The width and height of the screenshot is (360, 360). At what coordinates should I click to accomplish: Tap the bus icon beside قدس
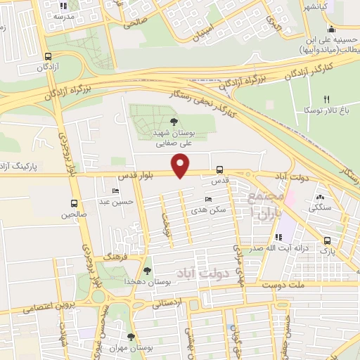tap(220, 169)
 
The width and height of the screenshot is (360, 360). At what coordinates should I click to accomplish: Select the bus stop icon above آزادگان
tap(48, 57)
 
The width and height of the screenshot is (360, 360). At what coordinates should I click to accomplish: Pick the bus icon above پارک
tap(326, 240)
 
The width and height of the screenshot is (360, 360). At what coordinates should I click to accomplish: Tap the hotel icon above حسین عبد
tap(116, 191)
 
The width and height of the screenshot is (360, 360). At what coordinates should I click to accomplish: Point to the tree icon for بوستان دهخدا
tap(147, 270)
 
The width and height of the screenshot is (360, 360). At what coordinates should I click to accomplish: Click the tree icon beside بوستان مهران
tap(130, 337)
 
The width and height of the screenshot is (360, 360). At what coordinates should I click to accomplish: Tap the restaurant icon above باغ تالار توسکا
tap(326, 100)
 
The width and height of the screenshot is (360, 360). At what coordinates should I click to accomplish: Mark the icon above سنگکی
tap(321, 198)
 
